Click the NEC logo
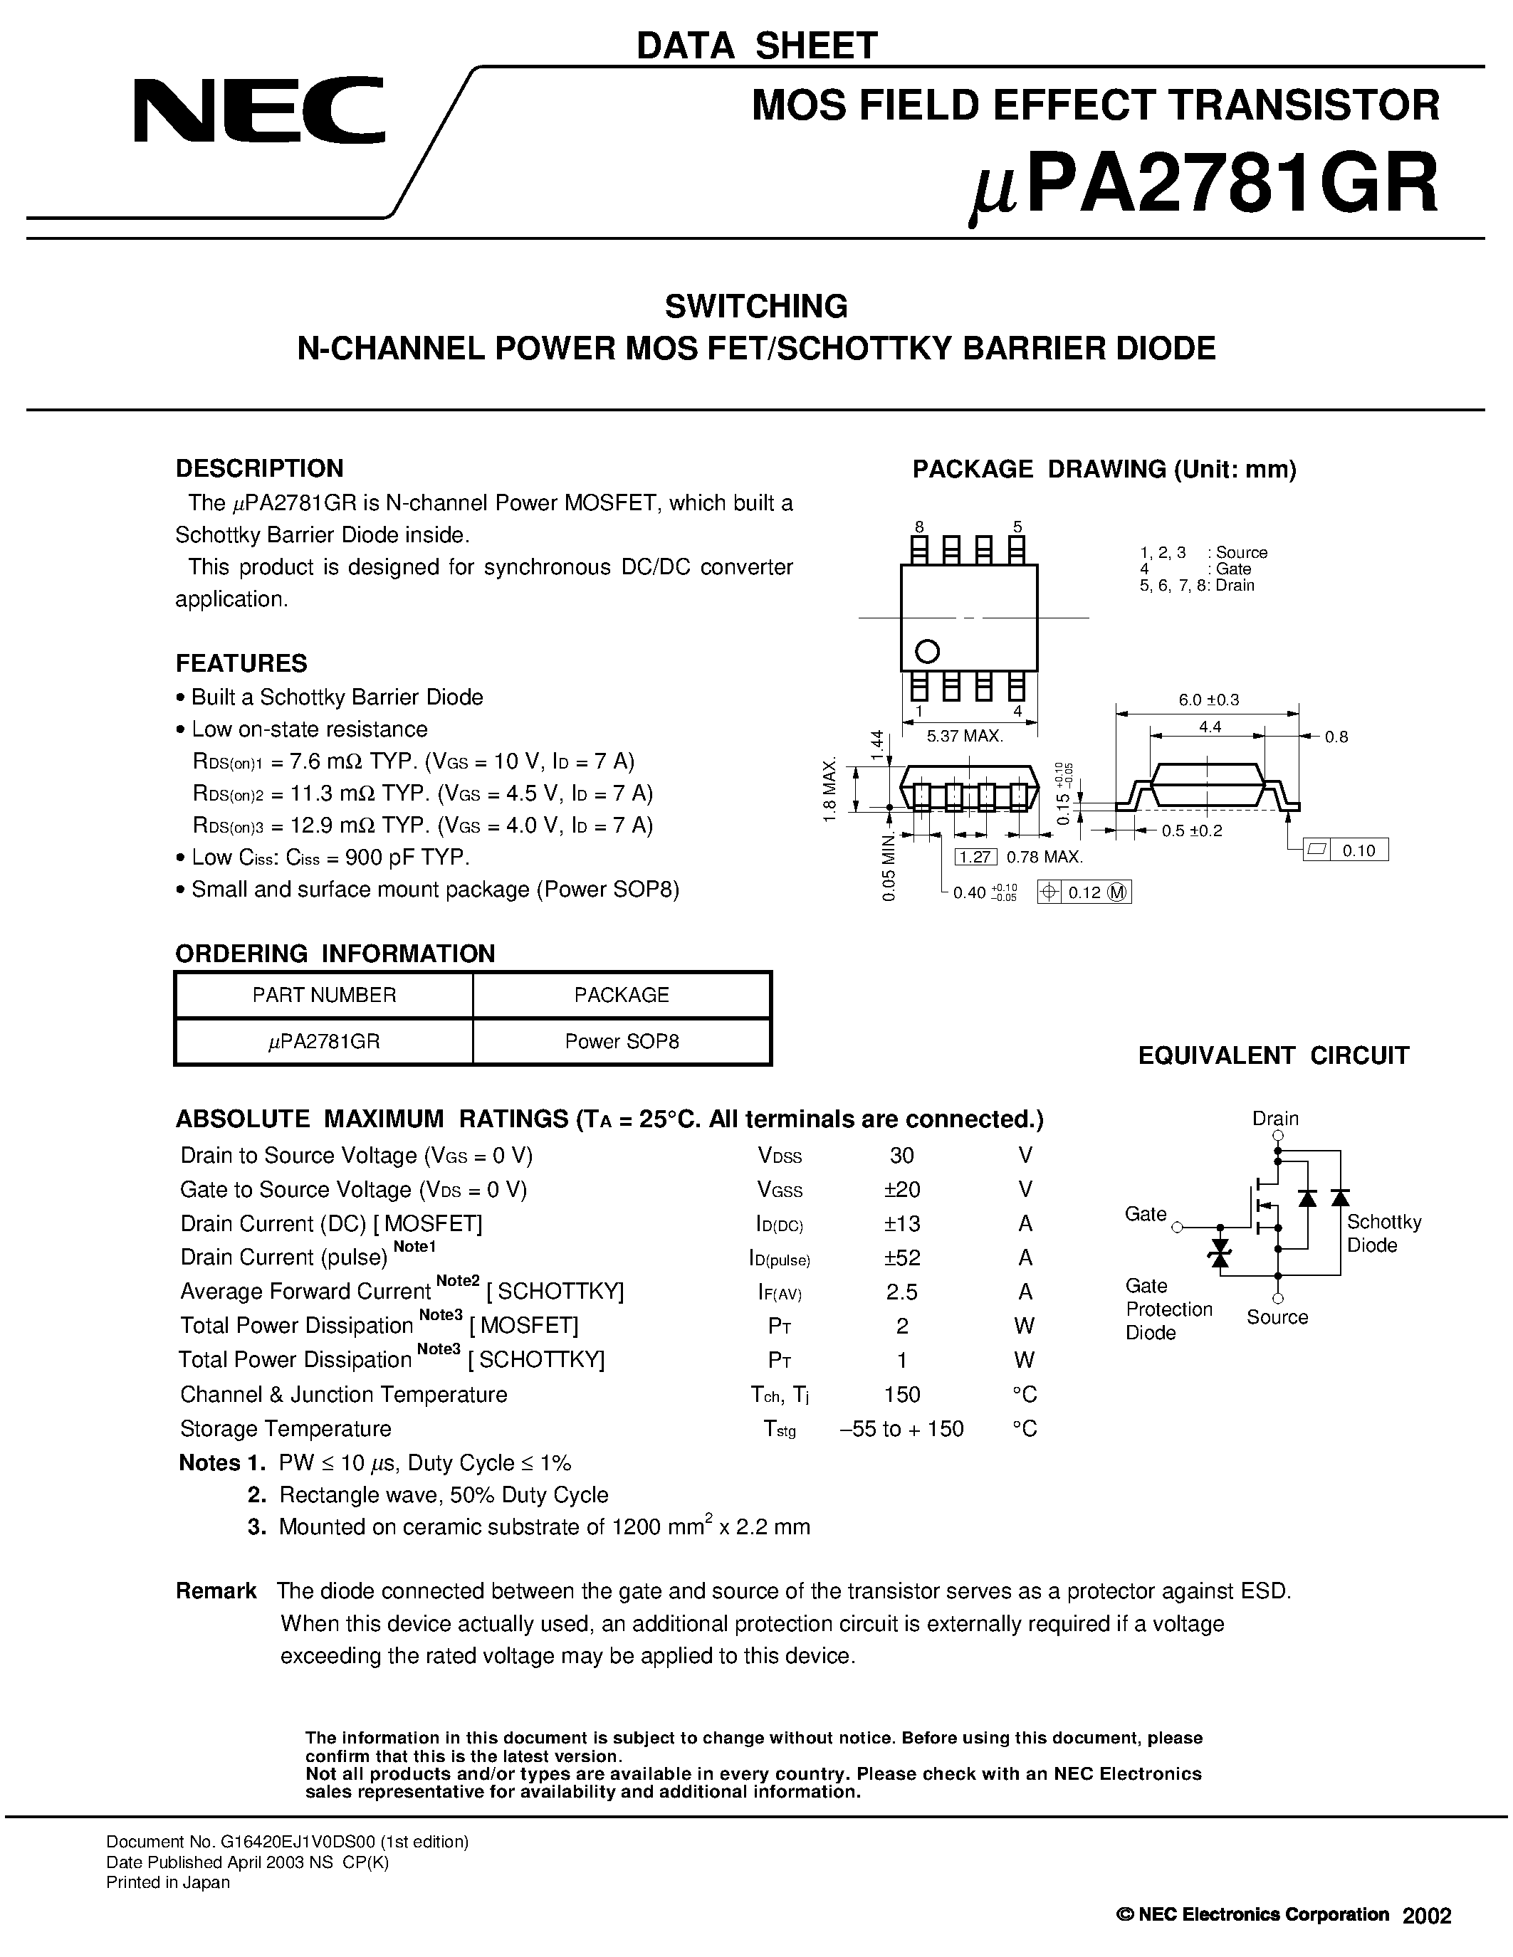click(258, 111)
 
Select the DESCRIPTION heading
click(259, 469)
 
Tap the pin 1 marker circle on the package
click(928, 650)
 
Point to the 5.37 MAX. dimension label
click(965, 737)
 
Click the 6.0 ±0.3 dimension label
click(1208, 700)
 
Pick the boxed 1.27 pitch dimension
click(973, 857)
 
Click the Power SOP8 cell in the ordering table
click(621, 1041)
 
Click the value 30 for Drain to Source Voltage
click(901, 1155)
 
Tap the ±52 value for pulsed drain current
click(901, 1257)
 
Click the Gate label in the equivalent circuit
click(1146, 1214)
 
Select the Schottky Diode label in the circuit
click(1383, 1234)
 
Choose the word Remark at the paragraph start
click(216, 1591)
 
